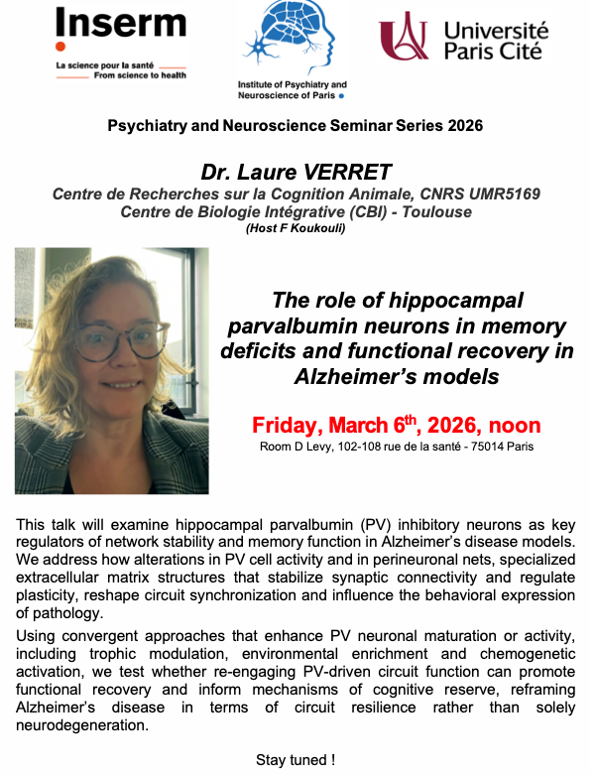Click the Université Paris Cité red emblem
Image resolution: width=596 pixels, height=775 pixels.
pos(401,38)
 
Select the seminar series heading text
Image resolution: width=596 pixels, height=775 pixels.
pos(296,126)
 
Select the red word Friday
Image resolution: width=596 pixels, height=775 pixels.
pos(289,426)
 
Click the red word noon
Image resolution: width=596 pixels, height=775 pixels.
pos(514,426)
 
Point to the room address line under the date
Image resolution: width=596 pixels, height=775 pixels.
pos(397,447)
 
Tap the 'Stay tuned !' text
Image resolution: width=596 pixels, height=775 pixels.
pos(296,760)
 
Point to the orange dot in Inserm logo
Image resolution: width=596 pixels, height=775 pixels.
pos(60,47)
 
